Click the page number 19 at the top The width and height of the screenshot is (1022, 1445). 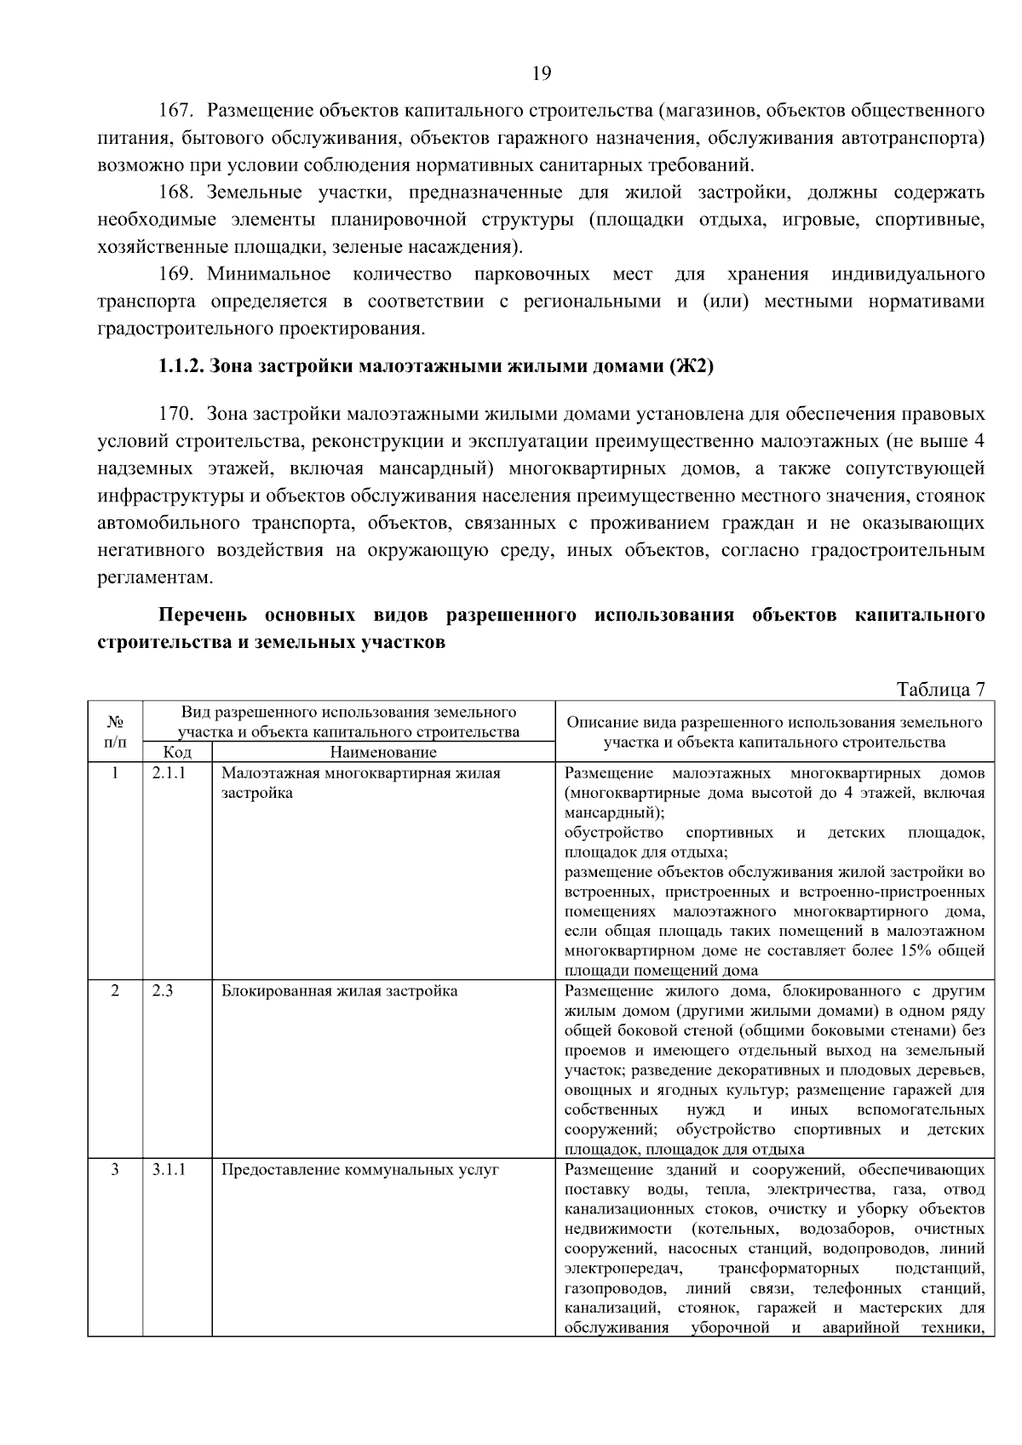point(541,73)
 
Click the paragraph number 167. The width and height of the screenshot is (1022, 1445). point(177,111)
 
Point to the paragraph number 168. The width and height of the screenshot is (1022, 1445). point(177,193)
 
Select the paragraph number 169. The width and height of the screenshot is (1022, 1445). point(177,274)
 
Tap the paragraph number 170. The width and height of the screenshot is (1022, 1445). point(177,415)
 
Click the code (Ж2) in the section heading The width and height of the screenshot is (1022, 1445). point(691,367)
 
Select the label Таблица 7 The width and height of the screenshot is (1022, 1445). point(939,689)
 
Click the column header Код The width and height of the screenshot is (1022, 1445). point(177,752)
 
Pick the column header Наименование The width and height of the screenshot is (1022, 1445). point(382,752)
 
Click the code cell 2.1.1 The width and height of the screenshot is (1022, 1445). point(169,773)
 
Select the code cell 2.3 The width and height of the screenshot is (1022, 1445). point(163,991)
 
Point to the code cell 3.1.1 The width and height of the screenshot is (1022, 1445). point(169,1169)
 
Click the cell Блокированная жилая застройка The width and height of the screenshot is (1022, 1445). point(339,991)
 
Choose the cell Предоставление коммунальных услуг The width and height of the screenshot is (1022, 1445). point(359,1169)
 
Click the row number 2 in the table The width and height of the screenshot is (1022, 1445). point(115,991)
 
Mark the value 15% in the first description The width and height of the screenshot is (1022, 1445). point(914,950)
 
